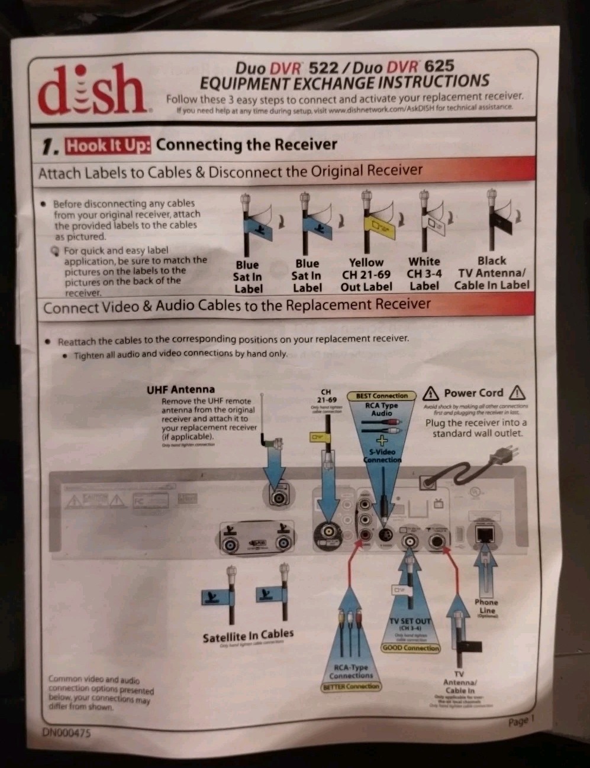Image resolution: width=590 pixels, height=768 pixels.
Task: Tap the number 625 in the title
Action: click(439, 66)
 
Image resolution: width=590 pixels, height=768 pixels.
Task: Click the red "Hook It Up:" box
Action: click(108, 145)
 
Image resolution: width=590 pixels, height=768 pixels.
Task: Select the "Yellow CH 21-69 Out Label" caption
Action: click(366, 274)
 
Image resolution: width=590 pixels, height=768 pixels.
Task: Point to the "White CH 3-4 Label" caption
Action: click(424, 274)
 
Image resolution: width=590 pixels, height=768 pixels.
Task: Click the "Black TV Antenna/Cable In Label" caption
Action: click(492, 273)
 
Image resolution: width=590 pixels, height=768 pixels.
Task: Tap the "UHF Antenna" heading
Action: click(180, 390)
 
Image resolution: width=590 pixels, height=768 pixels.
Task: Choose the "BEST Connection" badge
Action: click(382, 396)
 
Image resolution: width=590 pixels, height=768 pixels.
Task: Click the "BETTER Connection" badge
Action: click(351, 687)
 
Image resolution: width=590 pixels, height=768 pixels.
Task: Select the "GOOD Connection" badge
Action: click(411, 648)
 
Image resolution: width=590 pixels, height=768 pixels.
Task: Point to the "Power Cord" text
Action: click(473, 393)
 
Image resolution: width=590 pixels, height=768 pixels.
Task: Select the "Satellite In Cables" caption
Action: click(248, 636)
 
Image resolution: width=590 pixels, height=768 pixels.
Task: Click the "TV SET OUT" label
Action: click(410, 621)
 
